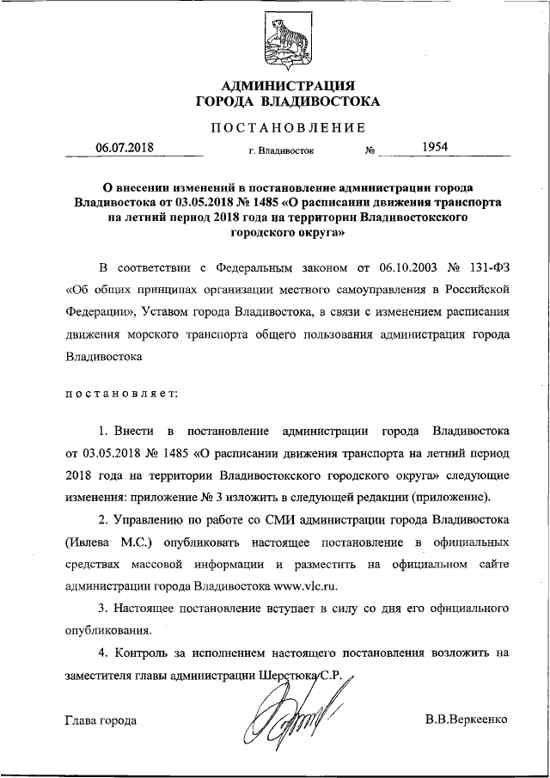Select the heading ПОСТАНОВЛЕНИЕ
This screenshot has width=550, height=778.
pos(288,128)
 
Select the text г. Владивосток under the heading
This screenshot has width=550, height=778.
pos(281,152)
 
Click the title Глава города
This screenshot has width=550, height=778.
pos(100,719)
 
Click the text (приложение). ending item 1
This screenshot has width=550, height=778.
pos(451,498)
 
